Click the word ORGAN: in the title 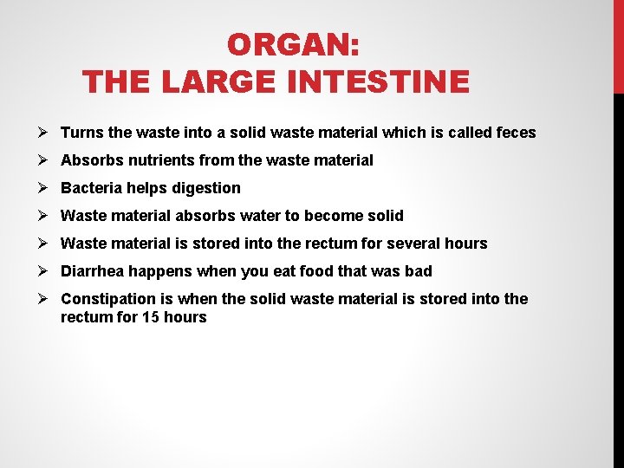294,44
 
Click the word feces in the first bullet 517,133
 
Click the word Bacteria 91,188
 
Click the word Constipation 108,299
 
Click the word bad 418,271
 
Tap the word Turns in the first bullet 82,133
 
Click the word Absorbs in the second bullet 91,160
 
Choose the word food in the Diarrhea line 315,271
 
